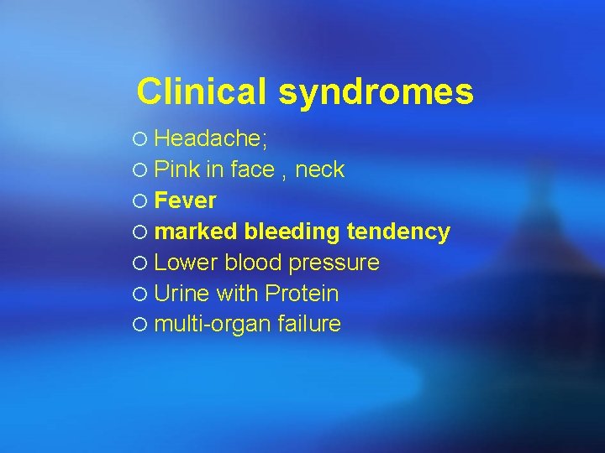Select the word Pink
tap(177, 169)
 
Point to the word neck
tap(319, 170)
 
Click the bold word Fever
tap(186, 200)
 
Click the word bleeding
tap(292, 232)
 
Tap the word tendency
tap(398, 232)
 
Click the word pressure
tap(334, 263)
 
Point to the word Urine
tap(182, 294)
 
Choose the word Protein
tap(302, 294)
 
